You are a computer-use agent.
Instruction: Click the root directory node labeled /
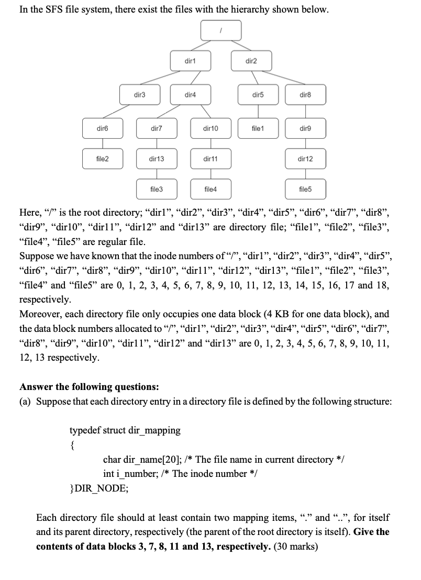click(x=221, y=30)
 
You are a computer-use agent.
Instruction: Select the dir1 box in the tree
click(x=190, y=62)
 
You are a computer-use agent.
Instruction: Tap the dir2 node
click(x=251, y=62)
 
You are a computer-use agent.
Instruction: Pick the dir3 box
click(x=139, y=95)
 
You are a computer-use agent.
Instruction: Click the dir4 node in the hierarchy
click(x=190, y=95)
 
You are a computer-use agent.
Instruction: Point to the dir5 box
click(x=258, y=95)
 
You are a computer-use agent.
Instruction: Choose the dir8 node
click(x=305, y=95)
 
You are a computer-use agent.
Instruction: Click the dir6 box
click(x=103, y=127)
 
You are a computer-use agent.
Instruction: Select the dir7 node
click(x=156, y=127)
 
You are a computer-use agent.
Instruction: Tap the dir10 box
click(x=210, y=127)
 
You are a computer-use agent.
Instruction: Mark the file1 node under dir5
click(x=258, y=127)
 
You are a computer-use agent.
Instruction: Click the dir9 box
click(x=305, y=127)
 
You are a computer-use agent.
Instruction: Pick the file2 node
click(x=103, y=158)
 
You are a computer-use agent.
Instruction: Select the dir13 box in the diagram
click(x=156, y=158)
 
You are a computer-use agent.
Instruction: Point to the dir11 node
click(x=210, y=158)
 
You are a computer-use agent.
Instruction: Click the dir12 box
click(x=305, y=158)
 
